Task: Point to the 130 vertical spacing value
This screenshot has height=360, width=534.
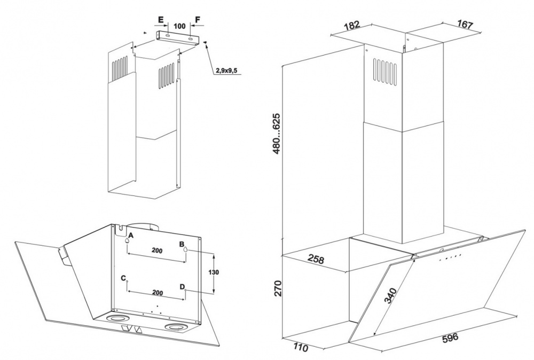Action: point(215,272)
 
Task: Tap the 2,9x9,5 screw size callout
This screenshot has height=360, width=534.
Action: point(227,71)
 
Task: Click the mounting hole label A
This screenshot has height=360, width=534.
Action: point(131,235)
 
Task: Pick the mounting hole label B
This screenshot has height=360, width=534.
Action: point(182,244)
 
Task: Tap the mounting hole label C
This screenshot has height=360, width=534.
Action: point(124,278)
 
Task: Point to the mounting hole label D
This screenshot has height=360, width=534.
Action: point(183,287)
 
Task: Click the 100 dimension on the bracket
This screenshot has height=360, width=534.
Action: point(179,25)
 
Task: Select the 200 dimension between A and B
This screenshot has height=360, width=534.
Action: point(156,250)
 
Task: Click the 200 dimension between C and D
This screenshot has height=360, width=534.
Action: point(156,294)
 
